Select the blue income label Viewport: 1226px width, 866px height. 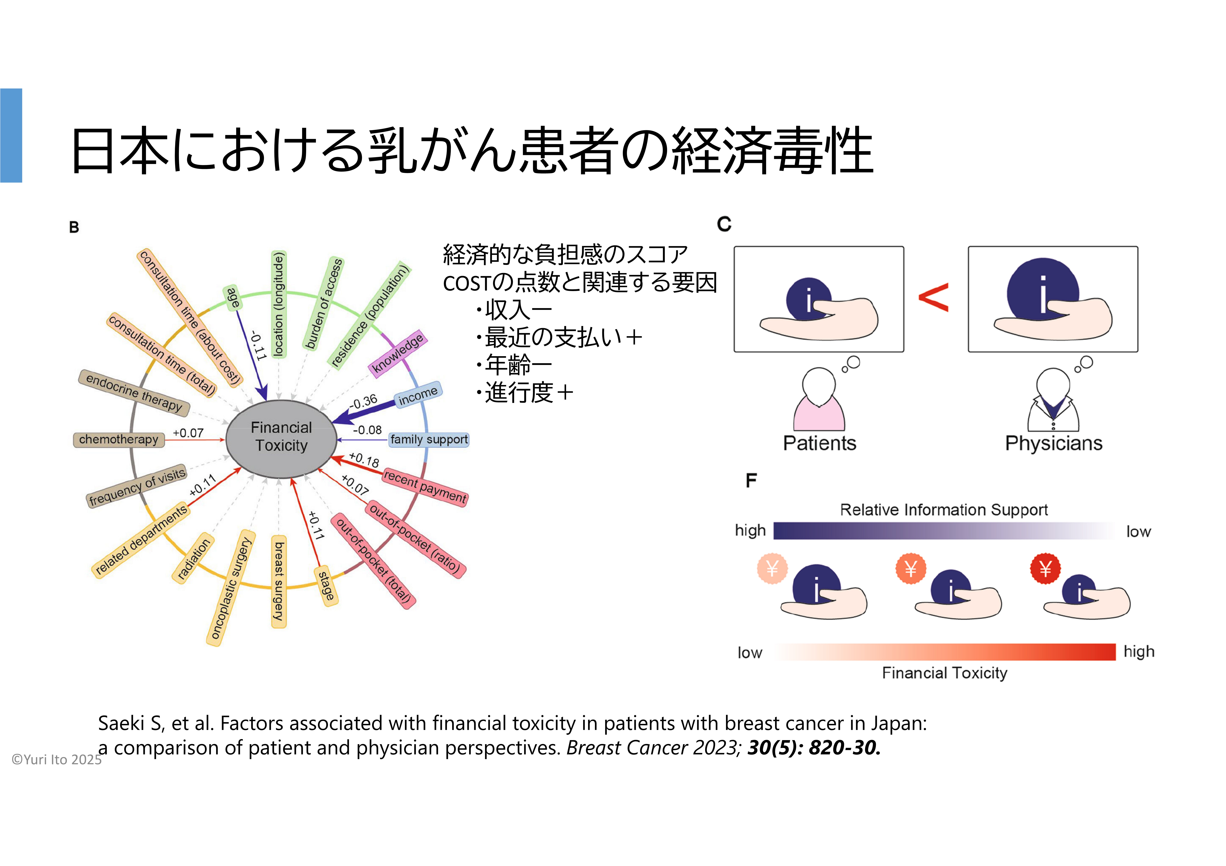point(418,395)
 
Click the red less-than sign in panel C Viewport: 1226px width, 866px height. point(933,297)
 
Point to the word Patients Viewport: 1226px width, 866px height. point(819,443)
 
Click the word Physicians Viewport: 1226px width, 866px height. point(1053,443)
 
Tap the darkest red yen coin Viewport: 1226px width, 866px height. point(1045,569)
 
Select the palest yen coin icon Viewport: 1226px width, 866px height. point(772,569)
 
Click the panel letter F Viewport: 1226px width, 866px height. point(751,481)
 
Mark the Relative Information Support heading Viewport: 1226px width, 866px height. point(943,510)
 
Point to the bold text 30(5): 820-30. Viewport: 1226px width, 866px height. point(813,748)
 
